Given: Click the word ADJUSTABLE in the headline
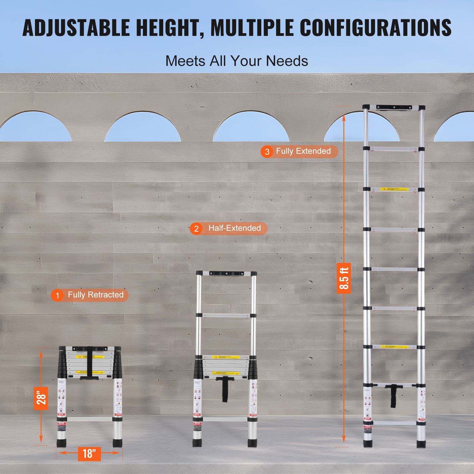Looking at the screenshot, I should [x=76, y=28].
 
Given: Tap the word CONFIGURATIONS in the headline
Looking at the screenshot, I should [x=376, y=28].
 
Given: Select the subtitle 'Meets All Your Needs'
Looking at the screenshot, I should [x=237, y=61].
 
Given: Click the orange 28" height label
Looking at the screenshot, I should [x=41, y=398].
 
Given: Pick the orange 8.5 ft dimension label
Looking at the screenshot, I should [x=344, y=278].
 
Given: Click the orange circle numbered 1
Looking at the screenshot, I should [x=57, y=295].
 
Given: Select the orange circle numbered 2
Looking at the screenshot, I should [x=196, y=229].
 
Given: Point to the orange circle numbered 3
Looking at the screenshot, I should [x=267, y=152].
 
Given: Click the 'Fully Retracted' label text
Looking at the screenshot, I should [x=95, y=295].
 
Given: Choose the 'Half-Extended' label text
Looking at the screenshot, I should [x=234, y=228].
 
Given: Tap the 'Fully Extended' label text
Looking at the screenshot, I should [x=303, y=151].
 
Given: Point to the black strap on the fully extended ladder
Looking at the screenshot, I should [x=393, y=396].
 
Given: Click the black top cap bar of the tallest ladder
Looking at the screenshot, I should [x=394, y=107].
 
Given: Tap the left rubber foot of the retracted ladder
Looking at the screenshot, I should [x=62, y=443].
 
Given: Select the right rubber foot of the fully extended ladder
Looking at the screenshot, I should [x=421, y=444].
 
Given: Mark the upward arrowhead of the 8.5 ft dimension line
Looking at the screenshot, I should [x=344, y=118].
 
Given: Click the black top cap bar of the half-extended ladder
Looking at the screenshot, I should [x=227, y=273].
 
